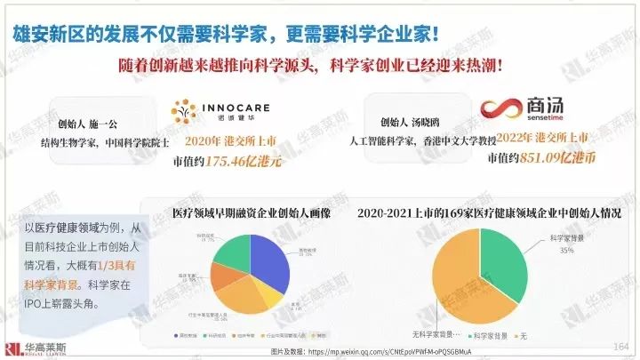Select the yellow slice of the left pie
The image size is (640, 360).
(267, 293)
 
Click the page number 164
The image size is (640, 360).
(621, 346)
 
